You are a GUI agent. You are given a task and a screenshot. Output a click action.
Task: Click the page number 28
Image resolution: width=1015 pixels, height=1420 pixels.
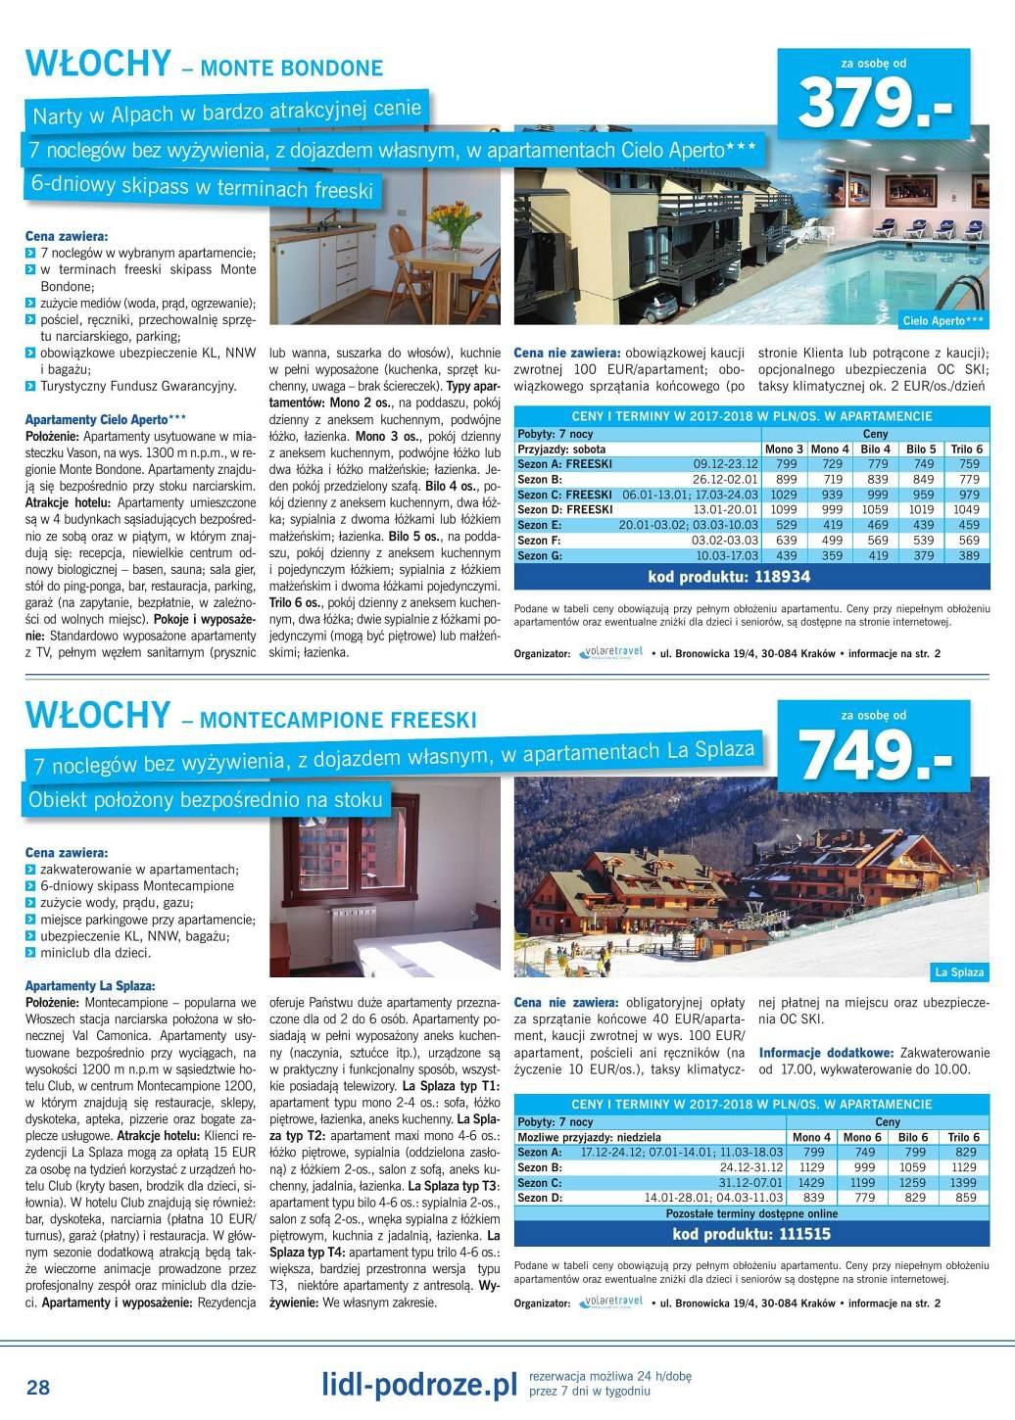pyautogui.click(x=38, y=1388)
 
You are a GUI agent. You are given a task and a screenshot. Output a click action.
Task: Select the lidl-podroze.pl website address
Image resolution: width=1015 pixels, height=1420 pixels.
pyautogui.click(x=419, y=1385)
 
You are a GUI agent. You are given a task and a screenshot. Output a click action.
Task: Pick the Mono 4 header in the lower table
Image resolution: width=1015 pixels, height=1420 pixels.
pyautogui.click(x=812, y=1137)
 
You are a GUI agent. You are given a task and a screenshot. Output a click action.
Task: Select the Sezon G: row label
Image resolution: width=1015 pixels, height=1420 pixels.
pyautogui.click(x=539, y=555)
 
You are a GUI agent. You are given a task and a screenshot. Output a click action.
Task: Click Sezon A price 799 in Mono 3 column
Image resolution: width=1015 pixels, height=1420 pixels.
pyautogui.click(x=786, y=464)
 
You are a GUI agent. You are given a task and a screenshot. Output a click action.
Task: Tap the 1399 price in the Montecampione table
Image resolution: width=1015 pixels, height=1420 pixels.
pyautogui.click(x=964, y=1183)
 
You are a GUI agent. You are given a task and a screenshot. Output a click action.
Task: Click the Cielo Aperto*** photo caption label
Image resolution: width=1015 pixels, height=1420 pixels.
pyautogui.click(x=943, y=320)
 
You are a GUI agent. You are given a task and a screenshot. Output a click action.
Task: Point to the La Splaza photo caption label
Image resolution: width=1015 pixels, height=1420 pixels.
pyautogui.click(x=959, y=971)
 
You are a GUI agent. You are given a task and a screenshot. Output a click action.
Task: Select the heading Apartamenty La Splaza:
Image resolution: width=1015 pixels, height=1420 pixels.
pyautogui.click(x=90, y=986)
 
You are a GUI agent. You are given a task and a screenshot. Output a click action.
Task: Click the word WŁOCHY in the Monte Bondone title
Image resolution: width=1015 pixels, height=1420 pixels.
pyautogui.click(x=99, y=64)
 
